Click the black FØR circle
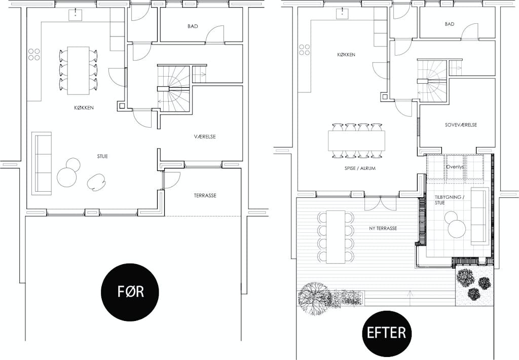coord(130,292)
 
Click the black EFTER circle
coord(386,332)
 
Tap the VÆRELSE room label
coord(205,136)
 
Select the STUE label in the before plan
coord(102,156)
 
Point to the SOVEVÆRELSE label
coord(461,125)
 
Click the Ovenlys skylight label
coord(455,167)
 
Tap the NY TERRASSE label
coord(383,228)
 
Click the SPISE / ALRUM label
coord(360,168)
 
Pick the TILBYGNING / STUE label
coord(448,200)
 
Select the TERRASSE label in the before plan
coord(205,195)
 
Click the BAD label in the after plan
coord(450,24)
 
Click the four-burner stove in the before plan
coord(34,55)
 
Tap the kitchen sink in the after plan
coord(341,14)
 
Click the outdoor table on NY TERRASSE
coord(336,237)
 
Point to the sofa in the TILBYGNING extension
coord(480,216)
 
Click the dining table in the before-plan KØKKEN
coord(79,70)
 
